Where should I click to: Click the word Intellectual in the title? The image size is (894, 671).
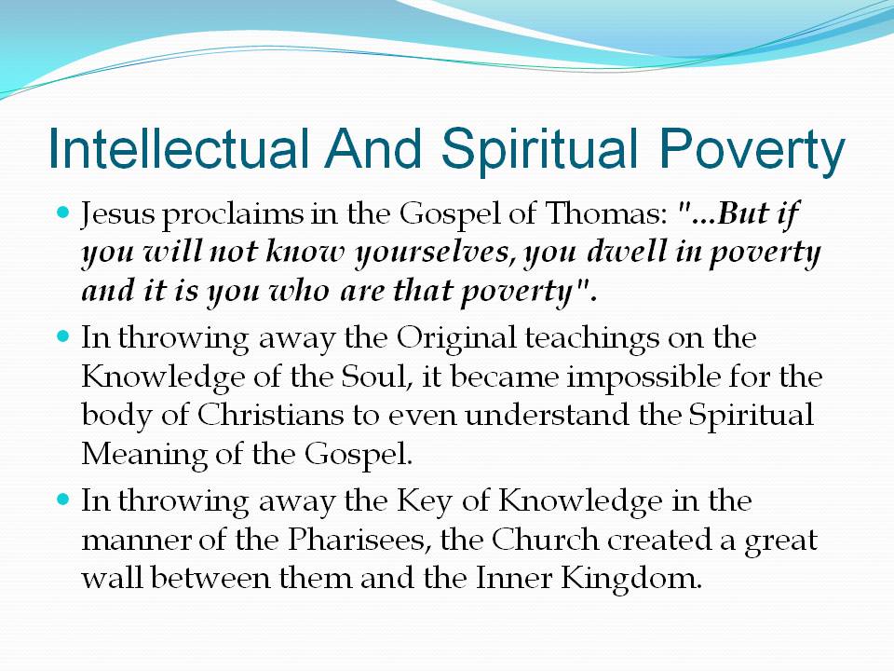coord(179,148)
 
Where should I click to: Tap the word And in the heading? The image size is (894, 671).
coord(373,148)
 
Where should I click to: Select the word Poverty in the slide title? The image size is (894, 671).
coord(752,151)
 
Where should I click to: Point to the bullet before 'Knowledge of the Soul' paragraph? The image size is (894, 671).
coord(63,336)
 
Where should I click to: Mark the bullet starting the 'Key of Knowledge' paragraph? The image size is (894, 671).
coord(63,500)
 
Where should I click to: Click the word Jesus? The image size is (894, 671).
coord(117,215)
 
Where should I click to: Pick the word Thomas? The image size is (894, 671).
coord(606,213)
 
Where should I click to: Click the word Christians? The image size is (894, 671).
coord(270,414)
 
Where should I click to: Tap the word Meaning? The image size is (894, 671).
coord(143,456)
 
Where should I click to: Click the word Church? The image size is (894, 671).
coord(545,540)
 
